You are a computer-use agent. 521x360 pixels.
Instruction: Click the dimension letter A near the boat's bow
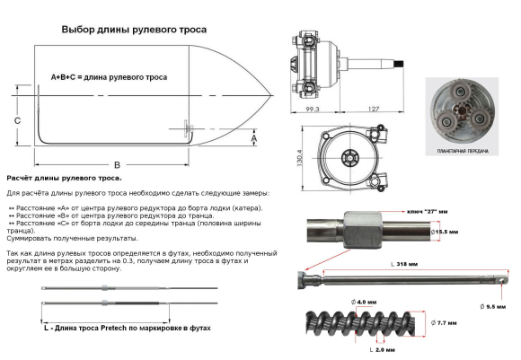click(x=254, y=140)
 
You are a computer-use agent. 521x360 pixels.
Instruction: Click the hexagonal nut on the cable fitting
click(x=358, y=230)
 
